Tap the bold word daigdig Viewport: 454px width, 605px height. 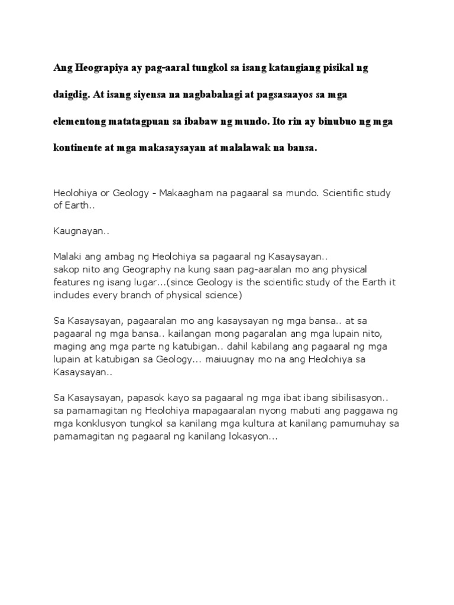click(73, 95)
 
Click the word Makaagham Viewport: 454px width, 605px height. click(193, 194)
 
